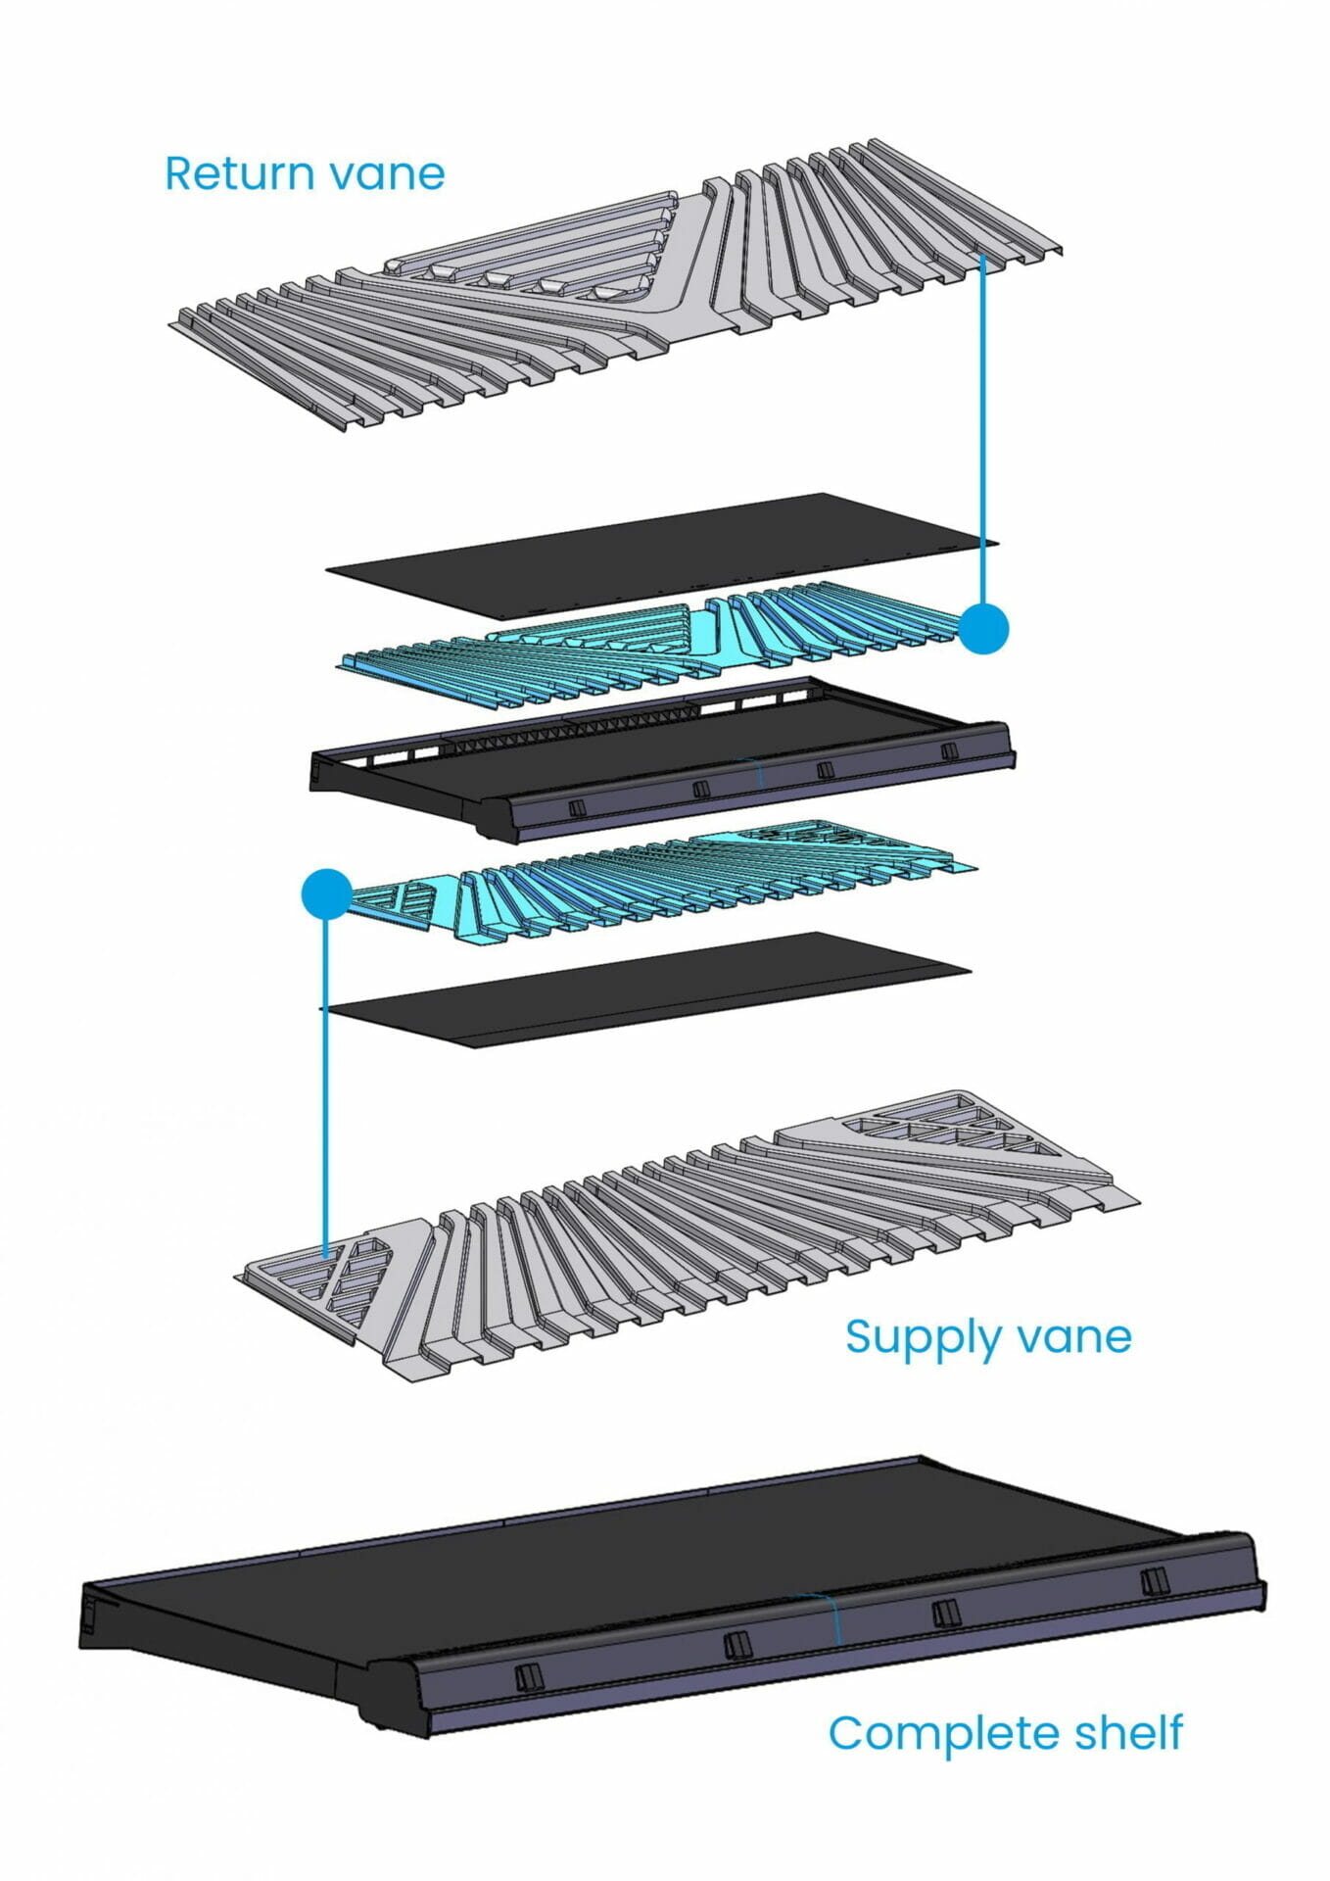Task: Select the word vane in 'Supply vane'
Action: tap(1073, 1336)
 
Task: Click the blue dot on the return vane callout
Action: tap(982, 628)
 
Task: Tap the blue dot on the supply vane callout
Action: tap(326, 893)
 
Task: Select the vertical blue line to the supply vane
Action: tap(325, 1078)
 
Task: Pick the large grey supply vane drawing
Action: tap(686, 1234)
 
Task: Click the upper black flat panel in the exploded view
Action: tap(656, 554)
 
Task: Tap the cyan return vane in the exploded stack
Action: tap(646, 637)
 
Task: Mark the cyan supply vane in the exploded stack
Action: tap(646, 882)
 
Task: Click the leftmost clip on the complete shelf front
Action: tap(528, 1678)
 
